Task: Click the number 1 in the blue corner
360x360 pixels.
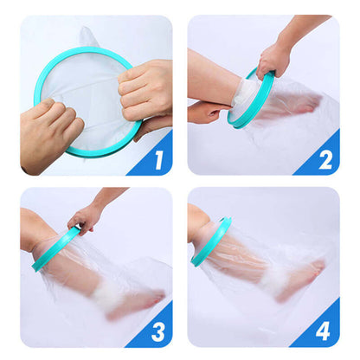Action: click(157, 159)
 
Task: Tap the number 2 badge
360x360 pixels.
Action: click(325, 159)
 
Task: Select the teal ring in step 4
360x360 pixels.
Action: click(211, 242)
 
